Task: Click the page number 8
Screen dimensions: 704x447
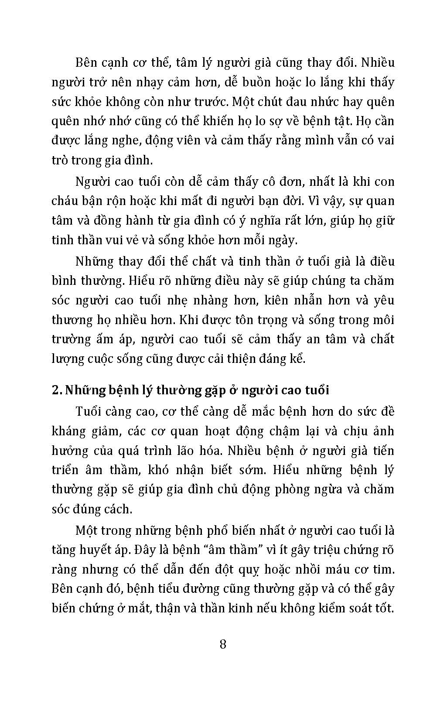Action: pyautogui.click(x=223, y=644)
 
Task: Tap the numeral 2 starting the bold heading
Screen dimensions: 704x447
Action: pyautogui.click(x=56, y=390)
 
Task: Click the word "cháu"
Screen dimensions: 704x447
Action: pyautogui.click(x=64, y=201)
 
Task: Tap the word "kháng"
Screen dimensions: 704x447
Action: pyautogui.click(x=68, y=431)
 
